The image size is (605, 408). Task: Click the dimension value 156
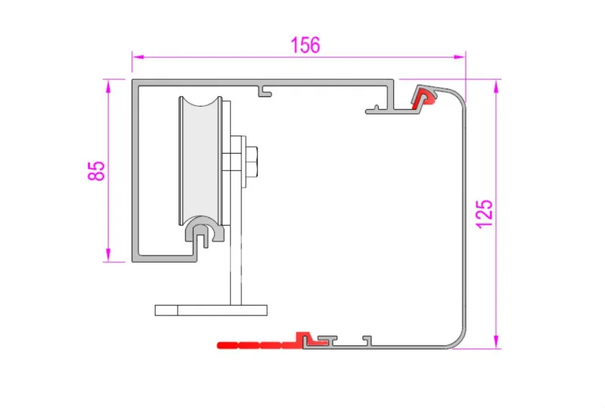[306, 45]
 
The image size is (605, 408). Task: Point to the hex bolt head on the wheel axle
[252, 160]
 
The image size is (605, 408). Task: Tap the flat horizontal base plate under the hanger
[211, 310]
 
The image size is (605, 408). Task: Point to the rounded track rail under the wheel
[202, 228]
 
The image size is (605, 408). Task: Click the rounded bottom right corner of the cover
[458, 339]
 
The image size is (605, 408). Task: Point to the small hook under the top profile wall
[265, 92]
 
